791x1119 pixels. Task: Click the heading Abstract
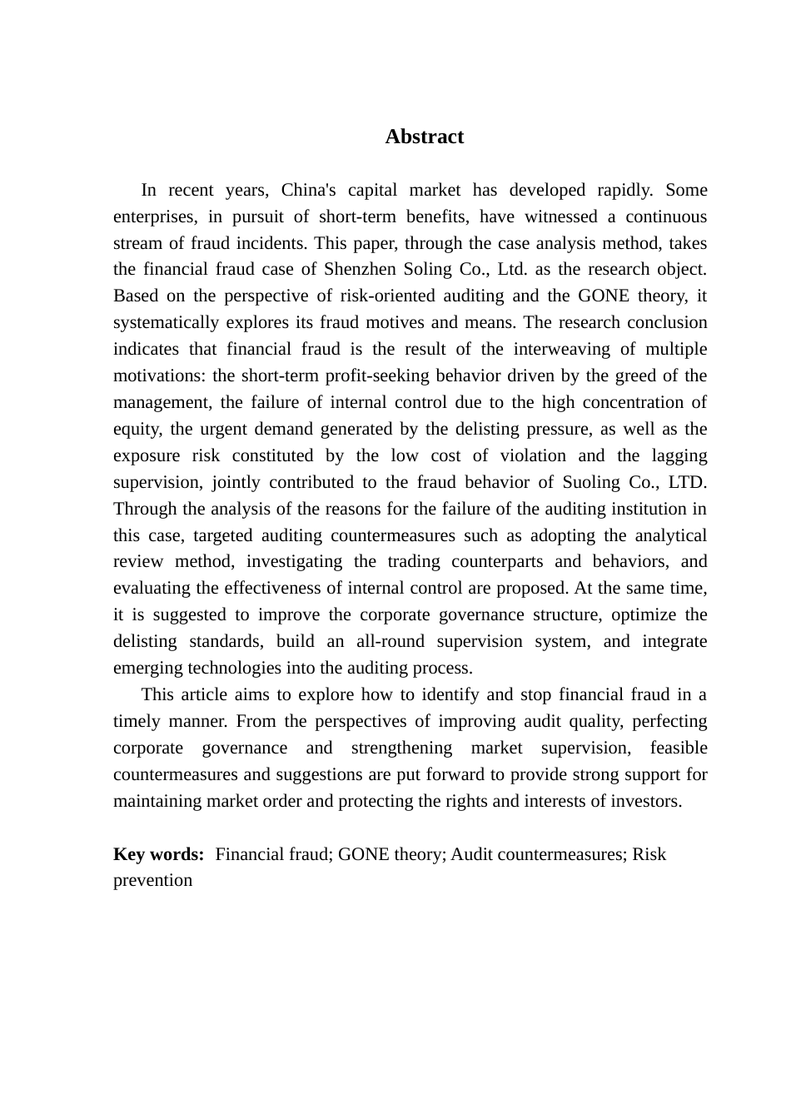pos(424,137)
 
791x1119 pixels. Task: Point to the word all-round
pos(390,642)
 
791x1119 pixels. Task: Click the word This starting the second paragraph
pos(160,695)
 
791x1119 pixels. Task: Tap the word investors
pos(647,802)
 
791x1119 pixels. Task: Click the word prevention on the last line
pos(152,881)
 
